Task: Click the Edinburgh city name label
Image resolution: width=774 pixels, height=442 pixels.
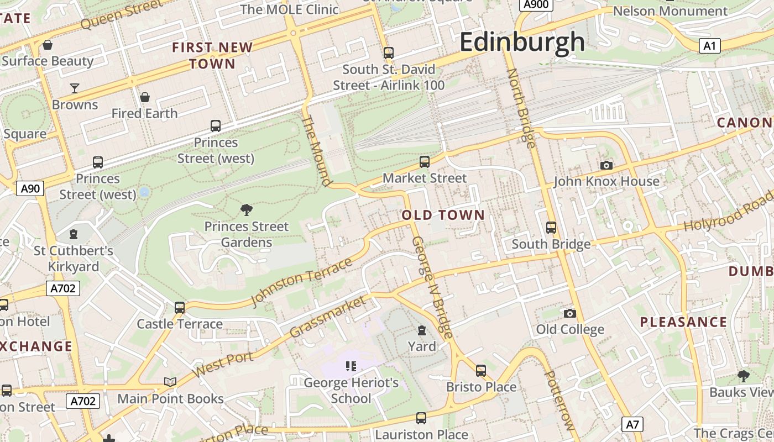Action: click(522, 42)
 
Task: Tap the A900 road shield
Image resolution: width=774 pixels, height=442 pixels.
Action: click(536, 5)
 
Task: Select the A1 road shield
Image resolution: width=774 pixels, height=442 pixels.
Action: click(709, 46)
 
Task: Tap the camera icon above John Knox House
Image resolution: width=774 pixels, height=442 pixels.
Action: click(606, 165)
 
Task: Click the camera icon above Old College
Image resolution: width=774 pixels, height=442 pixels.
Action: click(570, 313)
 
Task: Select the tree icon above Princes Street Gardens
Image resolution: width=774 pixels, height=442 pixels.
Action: click(247, 209)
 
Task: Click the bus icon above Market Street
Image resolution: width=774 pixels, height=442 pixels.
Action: click(425, 161)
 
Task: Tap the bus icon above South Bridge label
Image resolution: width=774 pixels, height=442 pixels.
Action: click(551, 227)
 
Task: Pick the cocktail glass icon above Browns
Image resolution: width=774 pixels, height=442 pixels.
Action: click(75, 88)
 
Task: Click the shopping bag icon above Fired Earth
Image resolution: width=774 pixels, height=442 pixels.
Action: click(145, 97)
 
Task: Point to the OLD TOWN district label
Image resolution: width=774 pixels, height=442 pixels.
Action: click(443, 215)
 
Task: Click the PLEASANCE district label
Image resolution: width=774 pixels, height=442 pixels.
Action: click(683, 322)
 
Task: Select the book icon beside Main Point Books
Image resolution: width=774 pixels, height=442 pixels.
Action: click(170, 382)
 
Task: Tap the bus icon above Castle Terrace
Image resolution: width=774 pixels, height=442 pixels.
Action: click(180, 307)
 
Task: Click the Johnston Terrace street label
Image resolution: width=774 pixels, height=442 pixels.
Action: click(301, 281)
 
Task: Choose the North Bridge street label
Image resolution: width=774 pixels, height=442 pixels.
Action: click(521, 108)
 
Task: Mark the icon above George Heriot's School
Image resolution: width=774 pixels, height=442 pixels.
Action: click(351, 366)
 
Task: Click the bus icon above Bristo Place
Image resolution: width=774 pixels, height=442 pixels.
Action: click(481, 370)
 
